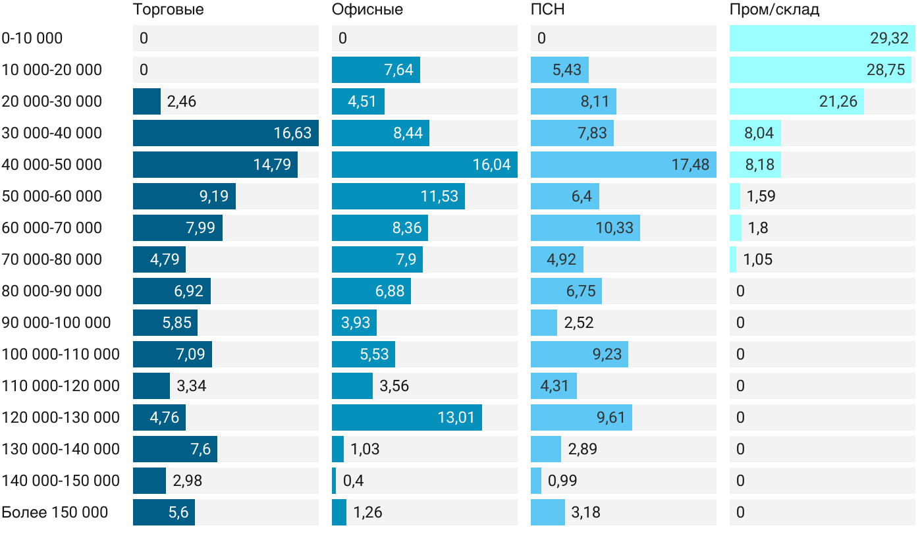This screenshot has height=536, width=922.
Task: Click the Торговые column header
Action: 168,10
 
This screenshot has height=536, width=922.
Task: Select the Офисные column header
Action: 367,10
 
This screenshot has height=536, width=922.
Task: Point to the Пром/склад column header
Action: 774,10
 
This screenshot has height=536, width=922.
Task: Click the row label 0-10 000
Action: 32,38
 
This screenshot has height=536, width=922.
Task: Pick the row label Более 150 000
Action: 55,512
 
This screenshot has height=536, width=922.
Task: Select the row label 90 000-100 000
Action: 56,323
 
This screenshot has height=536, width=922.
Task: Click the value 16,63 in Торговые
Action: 292,133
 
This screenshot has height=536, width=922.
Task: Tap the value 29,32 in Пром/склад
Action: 889,38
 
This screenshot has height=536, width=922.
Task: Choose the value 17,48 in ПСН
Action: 690,165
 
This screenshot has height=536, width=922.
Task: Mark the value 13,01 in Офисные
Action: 456,417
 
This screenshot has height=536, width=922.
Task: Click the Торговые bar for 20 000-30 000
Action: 147,101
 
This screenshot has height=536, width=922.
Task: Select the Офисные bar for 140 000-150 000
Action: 334,481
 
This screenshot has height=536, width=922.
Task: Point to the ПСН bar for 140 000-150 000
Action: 536,481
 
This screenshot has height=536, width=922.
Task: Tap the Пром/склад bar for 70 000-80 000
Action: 733,259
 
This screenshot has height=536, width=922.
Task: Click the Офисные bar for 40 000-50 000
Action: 424,165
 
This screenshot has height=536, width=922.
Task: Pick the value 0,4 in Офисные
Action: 353,481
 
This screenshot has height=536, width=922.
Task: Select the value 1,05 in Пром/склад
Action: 757,259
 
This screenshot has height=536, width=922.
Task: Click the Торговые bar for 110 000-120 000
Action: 151,386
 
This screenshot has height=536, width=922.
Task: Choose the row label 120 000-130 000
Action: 61,417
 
